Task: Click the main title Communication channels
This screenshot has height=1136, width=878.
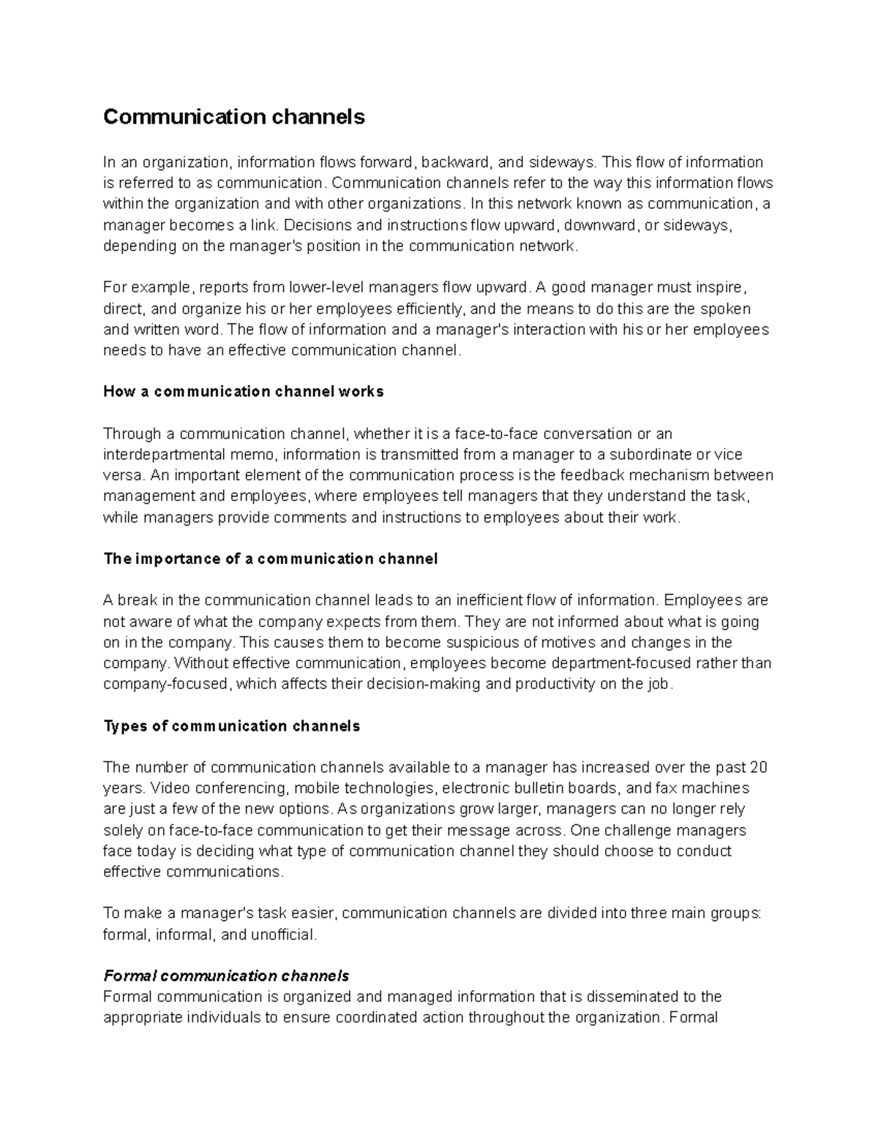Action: [233, 117]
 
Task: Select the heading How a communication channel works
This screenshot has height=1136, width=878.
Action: [243, 391]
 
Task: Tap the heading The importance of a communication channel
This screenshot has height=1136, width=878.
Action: [270, 559]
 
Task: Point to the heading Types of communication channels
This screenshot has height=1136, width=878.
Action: [232, 726]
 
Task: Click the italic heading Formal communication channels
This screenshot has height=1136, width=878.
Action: [226, 976]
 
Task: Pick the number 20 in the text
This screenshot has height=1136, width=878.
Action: [759, 767]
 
